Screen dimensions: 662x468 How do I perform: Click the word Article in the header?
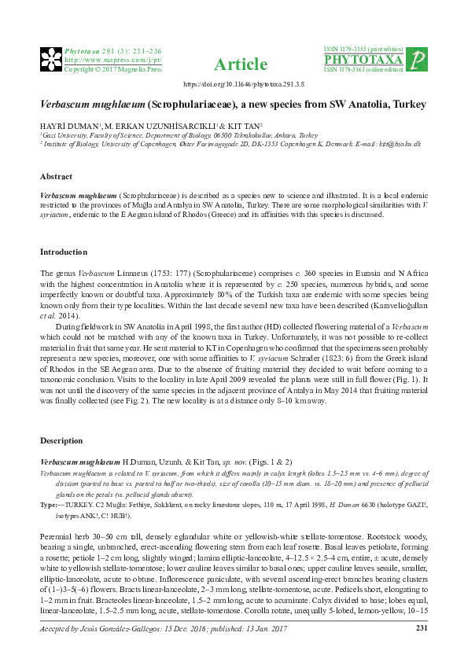(x=234, y=64)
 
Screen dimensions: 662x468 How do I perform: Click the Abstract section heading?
(x=56, y=177)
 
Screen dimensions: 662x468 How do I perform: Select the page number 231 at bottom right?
(x=421, y=627)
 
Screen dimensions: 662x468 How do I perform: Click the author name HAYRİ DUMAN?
(x=66, y=126)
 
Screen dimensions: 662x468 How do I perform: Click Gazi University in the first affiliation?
(x=64, y=134)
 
